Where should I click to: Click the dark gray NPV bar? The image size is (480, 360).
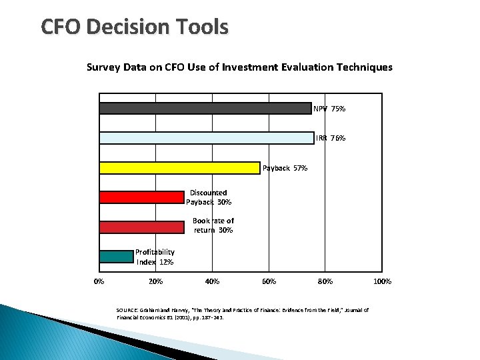click(x=205, y=109)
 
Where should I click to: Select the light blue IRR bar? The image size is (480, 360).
click(x=207, y=138)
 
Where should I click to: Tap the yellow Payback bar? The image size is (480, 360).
click(x=179, y=168)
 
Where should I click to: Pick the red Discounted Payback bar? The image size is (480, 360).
click(x=141, y=197)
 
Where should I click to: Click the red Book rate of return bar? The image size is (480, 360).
click(x=141, y=227)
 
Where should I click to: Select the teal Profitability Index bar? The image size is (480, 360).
click(x=116, y=257)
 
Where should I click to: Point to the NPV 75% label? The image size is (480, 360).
click(x=329, y=109)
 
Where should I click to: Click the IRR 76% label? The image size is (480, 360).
click(x=331, y=138)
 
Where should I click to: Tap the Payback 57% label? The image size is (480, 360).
click(x=285, y=168)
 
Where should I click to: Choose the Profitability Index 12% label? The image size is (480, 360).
click(x=155, y=257)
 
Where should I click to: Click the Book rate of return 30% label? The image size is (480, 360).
click(x=213, y=225)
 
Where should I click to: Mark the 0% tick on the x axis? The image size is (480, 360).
click(x=99, y=281)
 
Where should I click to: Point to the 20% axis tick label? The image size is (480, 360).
click(x=155, y=281)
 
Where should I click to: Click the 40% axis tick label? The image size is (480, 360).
click(x=212, y=281)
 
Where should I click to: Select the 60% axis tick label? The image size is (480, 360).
click(x=269, y=281)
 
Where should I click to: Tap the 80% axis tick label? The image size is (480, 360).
click(x=325, y=281)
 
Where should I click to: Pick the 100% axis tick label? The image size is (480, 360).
click(x=382, y=281)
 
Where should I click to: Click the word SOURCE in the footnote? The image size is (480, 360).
click(x=126, y=310)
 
